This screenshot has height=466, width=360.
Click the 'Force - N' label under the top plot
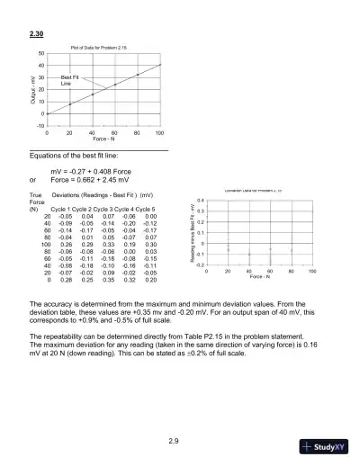coord(103,140)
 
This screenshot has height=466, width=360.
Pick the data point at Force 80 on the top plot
coord(138,75)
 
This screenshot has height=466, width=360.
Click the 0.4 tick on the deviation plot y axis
coord(201,200)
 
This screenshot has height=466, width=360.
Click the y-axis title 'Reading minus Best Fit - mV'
coord(192,233)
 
